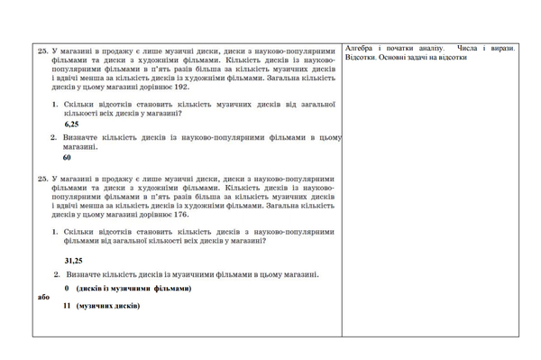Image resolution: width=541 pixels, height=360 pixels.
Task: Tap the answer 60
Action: coord(67,157)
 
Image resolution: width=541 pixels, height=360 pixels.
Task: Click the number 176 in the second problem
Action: coord(177,216)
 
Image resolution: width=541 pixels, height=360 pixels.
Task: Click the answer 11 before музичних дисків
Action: coord(67,306)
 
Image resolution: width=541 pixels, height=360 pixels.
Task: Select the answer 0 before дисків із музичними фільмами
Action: coord(68,289)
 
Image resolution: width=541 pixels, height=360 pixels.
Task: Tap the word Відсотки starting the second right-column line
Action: coord(361,57)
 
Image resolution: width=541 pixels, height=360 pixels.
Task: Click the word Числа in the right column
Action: coord(467,48)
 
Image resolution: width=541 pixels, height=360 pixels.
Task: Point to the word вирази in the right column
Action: coord(503,48)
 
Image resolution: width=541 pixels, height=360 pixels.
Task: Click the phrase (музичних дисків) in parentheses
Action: coord(108,306)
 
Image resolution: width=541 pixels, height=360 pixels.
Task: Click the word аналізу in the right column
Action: coord(429,48)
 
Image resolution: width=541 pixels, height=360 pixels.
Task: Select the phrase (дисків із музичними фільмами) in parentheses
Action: coord(133,289)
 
